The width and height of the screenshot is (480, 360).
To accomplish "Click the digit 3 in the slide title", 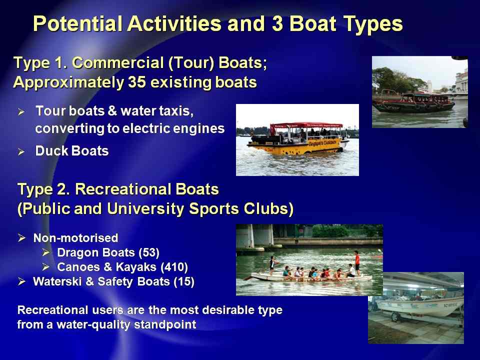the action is pos(277,23).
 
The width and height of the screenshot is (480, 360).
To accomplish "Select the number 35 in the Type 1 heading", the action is pos(136,82).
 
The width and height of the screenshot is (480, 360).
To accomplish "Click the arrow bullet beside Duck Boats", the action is pos(21,151).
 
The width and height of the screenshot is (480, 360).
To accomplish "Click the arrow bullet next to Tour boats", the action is pos(21,111).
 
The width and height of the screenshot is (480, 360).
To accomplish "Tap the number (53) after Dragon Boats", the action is pos(149,253).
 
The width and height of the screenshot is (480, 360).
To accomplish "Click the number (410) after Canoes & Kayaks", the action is pos(174,267).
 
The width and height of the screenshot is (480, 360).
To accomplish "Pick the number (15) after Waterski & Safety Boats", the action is pos(184,281).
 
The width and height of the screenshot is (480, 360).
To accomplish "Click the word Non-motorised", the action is pos(75,238).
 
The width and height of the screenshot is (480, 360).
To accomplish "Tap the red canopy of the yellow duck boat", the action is pos(306,125).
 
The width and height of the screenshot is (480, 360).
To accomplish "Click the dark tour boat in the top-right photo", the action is pos(414,103).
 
